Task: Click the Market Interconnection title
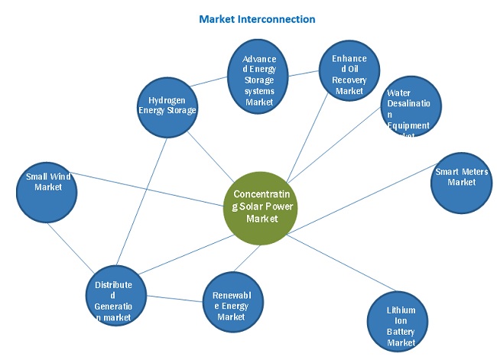[257, 19]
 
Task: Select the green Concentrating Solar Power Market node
[258, 206]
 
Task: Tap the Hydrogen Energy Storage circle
[168, 105]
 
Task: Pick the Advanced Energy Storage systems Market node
[259, 80]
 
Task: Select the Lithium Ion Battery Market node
[401, 325]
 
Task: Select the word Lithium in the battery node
[401, 310]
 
